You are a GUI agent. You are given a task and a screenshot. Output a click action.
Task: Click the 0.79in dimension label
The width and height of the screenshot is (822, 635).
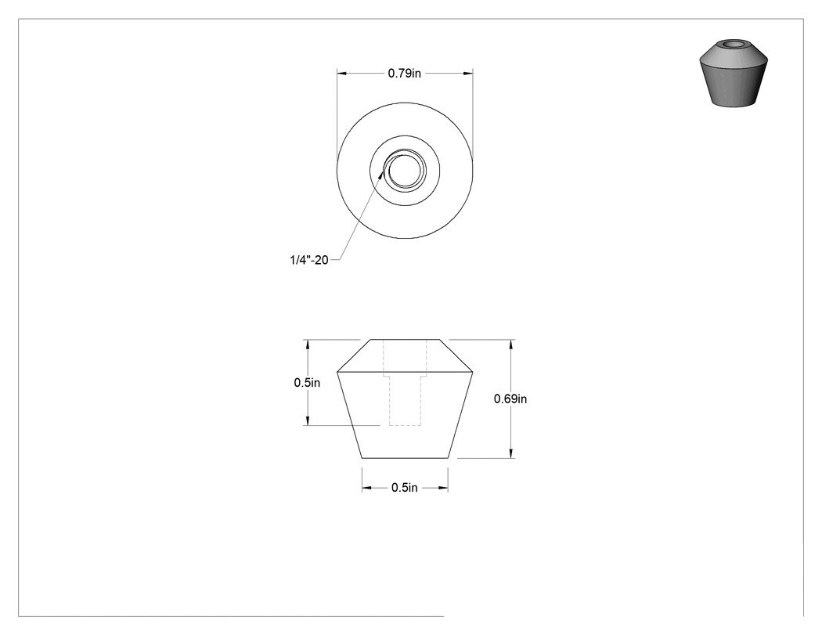coord(404,74)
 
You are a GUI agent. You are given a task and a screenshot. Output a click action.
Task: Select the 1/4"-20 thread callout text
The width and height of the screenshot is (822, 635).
coord(308,259)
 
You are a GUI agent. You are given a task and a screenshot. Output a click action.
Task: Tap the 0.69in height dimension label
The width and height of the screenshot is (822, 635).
coord(510,399)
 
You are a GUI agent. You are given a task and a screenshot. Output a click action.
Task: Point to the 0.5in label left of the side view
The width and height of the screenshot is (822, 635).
coord(307,383)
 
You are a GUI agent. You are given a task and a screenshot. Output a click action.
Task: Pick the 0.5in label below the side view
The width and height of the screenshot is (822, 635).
coord(404,488)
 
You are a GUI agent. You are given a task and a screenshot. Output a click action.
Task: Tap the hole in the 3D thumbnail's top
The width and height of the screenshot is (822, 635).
coord(734,44)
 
